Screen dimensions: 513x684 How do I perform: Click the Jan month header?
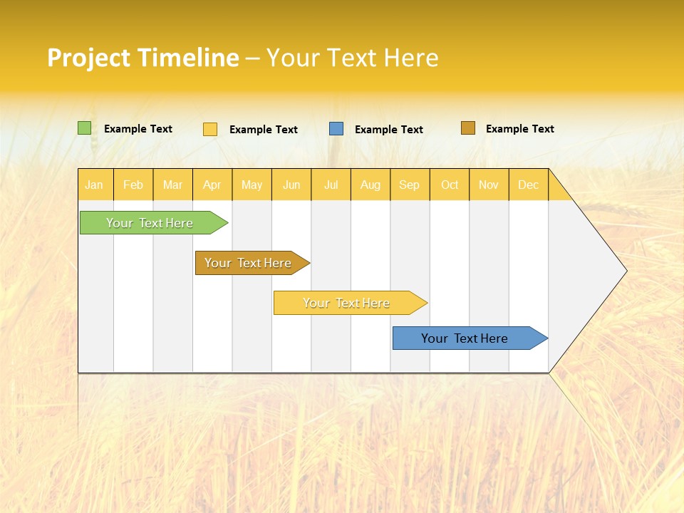click(x=95, y=185)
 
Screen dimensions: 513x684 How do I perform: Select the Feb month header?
click(x=133, y=185)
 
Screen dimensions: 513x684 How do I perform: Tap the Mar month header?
click(x=172, y=185)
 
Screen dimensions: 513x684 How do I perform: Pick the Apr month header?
click(x=212, y=185)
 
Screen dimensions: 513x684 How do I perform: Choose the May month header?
click(x=252, y=185)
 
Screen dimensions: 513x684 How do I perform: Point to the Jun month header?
click(x=291, y=185)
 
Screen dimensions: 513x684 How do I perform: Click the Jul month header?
click(x=331, y=185)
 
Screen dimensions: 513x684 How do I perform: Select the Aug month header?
click(x=370, y=185)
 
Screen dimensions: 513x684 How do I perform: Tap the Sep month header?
click(x=410, y=185)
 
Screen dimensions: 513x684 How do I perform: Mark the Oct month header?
click(x=450, y=185)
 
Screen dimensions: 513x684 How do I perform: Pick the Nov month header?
click(x=489, y=185)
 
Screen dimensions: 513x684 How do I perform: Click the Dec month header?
click(x=529, y=185)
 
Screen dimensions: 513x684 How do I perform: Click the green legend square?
click(x=85, y=128)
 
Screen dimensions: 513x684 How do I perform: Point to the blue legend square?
click(x=336, y=129)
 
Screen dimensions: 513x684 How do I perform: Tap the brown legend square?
click(x=467, y=128)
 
